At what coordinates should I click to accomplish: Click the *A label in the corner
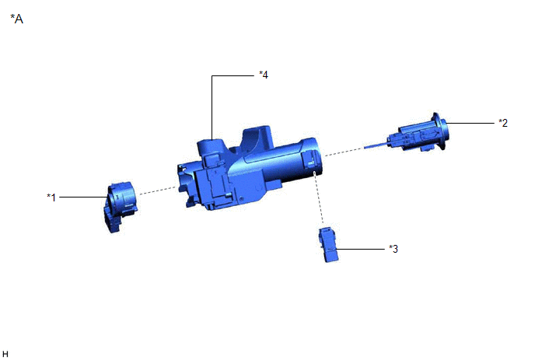pos(17,19)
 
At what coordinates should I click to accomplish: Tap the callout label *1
pos(51,197)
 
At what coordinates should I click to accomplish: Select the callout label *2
pos(503,123)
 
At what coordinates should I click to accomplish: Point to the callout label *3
pos(393,249)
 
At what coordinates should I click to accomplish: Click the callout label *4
pos(264,75)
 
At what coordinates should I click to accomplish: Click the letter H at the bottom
pos(5,354)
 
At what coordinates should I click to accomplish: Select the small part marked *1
pos(120,207)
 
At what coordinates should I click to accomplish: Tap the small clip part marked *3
pos(328,244)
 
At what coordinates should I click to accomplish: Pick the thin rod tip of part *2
pos(376,146)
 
